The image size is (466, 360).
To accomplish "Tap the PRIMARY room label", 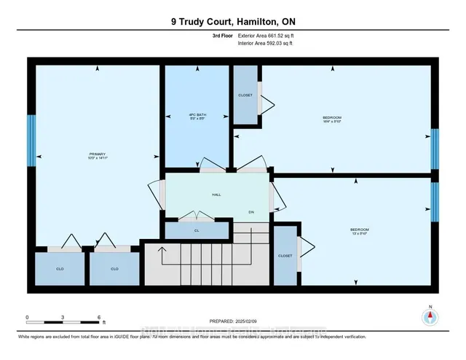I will pos(98,154).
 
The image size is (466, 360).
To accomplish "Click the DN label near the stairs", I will pos(250,212).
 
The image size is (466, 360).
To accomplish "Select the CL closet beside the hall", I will pos(196,230).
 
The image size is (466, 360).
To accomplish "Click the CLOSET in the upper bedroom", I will pos(245,95).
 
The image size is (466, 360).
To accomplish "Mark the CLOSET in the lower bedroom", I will pos(285,256).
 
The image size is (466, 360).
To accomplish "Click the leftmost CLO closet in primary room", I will pos(60,269).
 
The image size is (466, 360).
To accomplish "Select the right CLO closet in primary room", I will pos(114,269).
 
